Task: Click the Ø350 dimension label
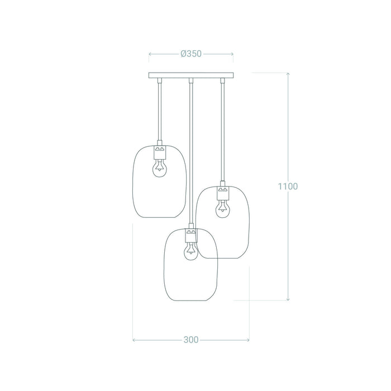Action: [x=191, y=54]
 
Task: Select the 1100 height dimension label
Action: [x=288, y=186]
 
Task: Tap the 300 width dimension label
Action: [x=191, y=340]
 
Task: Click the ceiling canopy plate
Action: [x=191, y=75]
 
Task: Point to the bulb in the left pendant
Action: [x=160, y=168]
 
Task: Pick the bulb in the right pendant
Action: [x=223, y=209]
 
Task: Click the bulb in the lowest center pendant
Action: [x=191, y=251]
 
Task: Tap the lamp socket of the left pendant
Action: [x=160, y=152]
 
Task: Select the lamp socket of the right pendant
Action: [x=223, y=193]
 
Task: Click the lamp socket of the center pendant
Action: [x=191, y=235]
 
